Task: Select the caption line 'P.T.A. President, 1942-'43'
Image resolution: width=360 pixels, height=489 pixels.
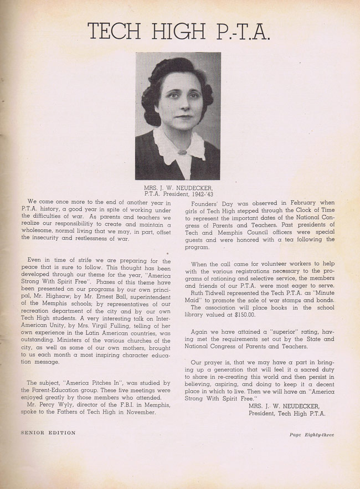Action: click(x=178, y=194)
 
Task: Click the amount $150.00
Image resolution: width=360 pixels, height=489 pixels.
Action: click(x=240, y=314)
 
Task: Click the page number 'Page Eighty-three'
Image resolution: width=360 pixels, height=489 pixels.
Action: click(x=311, y=435)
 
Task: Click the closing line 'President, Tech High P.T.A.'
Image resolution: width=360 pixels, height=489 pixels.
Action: click(x=287, y=413)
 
